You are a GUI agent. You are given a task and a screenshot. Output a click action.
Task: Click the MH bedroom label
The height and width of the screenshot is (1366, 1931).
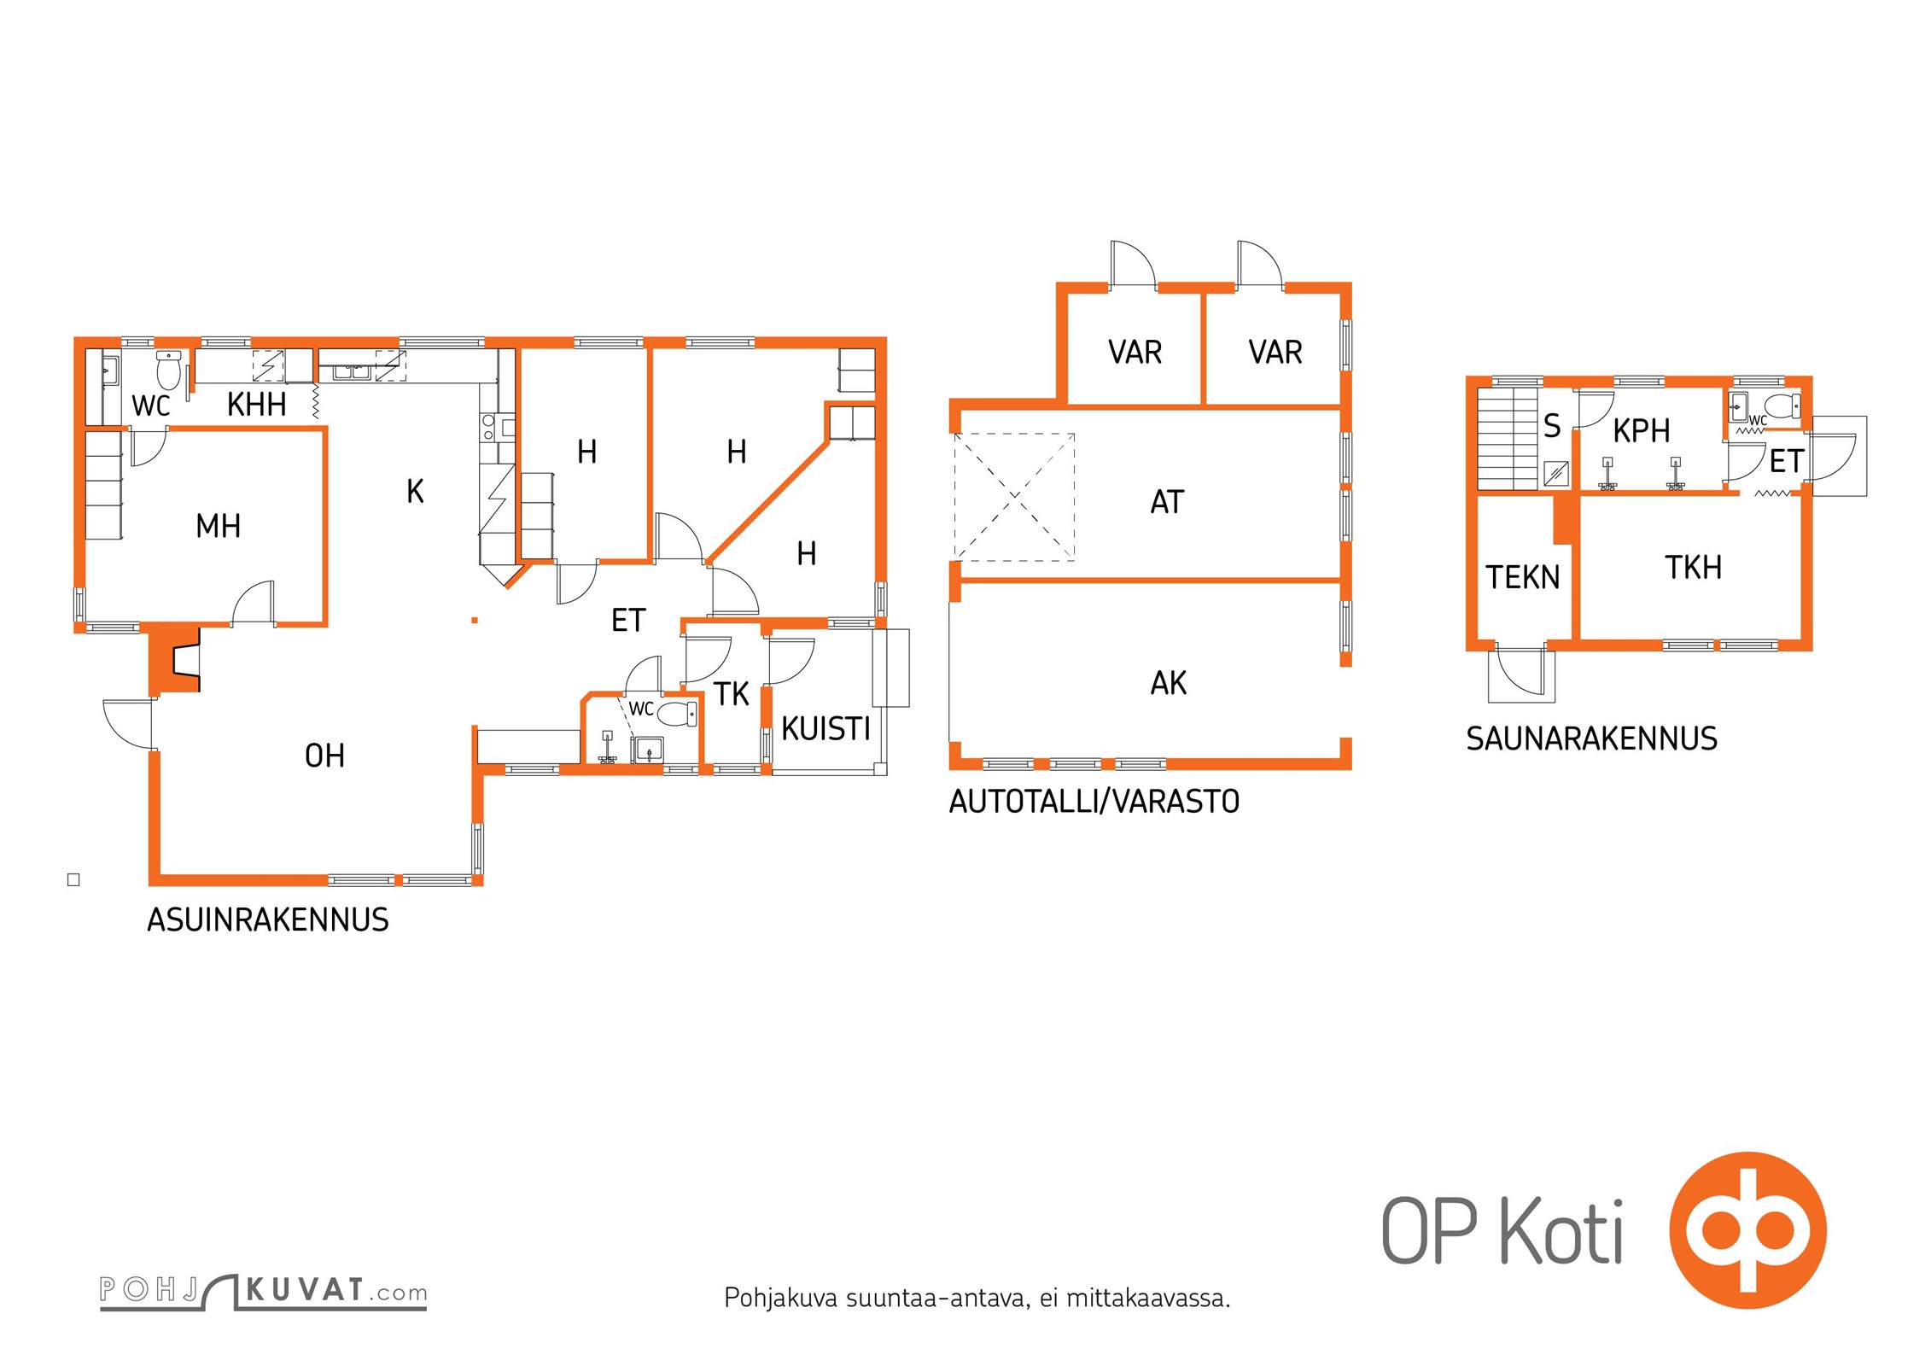(x=218, y=526)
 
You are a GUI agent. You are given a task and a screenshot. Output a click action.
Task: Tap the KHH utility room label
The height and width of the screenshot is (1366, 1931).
(x=256, y=404)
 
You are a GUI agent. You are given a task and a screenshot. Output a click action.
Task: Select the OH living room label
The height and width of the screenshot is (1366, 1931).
(x=324, y=756)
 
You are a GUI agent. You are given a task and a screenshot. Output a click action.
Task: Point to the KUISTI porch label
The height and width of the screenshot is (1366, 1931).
(x=825, y=729)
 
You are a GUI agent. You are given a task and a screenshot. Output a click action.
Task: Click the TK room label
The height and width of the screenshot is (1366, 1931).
(x=732, y=694)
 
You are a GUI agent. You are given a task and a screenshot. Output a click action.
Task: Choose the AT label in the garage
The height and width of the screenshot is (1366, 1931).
(x=1167, y=502)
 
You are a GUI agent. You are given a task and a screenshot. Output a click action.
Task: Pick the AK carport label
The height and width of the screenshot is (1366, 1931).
(x=1169, y=683)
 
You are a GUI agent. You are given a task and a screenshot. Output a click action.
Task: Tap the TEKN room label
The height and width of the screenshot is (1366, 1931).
(x=1522, y=578)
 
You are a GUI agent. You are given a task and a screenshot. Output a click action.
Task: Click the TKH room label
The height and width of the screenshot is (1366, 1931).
(x=1693, y=568)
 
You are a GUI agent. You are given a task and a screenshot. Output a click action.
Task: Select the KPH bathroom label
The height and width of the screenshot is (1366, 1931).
(x=1641, y=431)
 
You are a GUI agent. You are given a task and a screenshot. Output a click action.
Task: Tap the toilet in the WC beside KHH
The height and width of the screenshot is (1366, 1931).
(x=169, y=369)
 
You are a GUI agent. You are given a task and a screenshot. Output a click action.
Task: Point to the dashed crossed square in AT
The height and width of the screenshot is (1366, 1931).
(x=1014, y=497)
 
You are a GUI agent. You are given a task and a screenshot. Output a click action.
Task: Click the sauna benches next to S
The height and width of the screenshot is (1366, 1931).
(x=1508, y=439)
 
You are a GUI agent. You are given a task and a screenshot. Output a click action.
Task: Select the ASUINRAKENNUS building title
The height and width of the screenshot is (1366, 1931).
(x=268, y=920)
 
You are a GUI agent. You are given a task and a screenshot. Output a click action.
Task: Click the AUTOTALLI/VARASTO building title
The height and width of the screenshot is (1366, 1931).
(x=1094, y=802)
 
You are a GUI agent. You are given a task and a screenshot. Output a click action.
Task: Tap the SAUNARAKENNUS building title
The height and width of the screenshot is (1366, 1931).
(x=1591, y=738)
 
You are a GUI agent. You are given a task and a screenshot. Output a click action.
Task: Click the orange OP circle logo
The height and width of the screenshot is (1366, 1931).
(x=1747, y=1230)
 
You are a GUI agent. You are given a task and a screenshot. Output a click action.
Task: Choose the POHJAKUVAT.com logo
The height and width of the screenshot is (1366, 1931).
(x=263, y=1292)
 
